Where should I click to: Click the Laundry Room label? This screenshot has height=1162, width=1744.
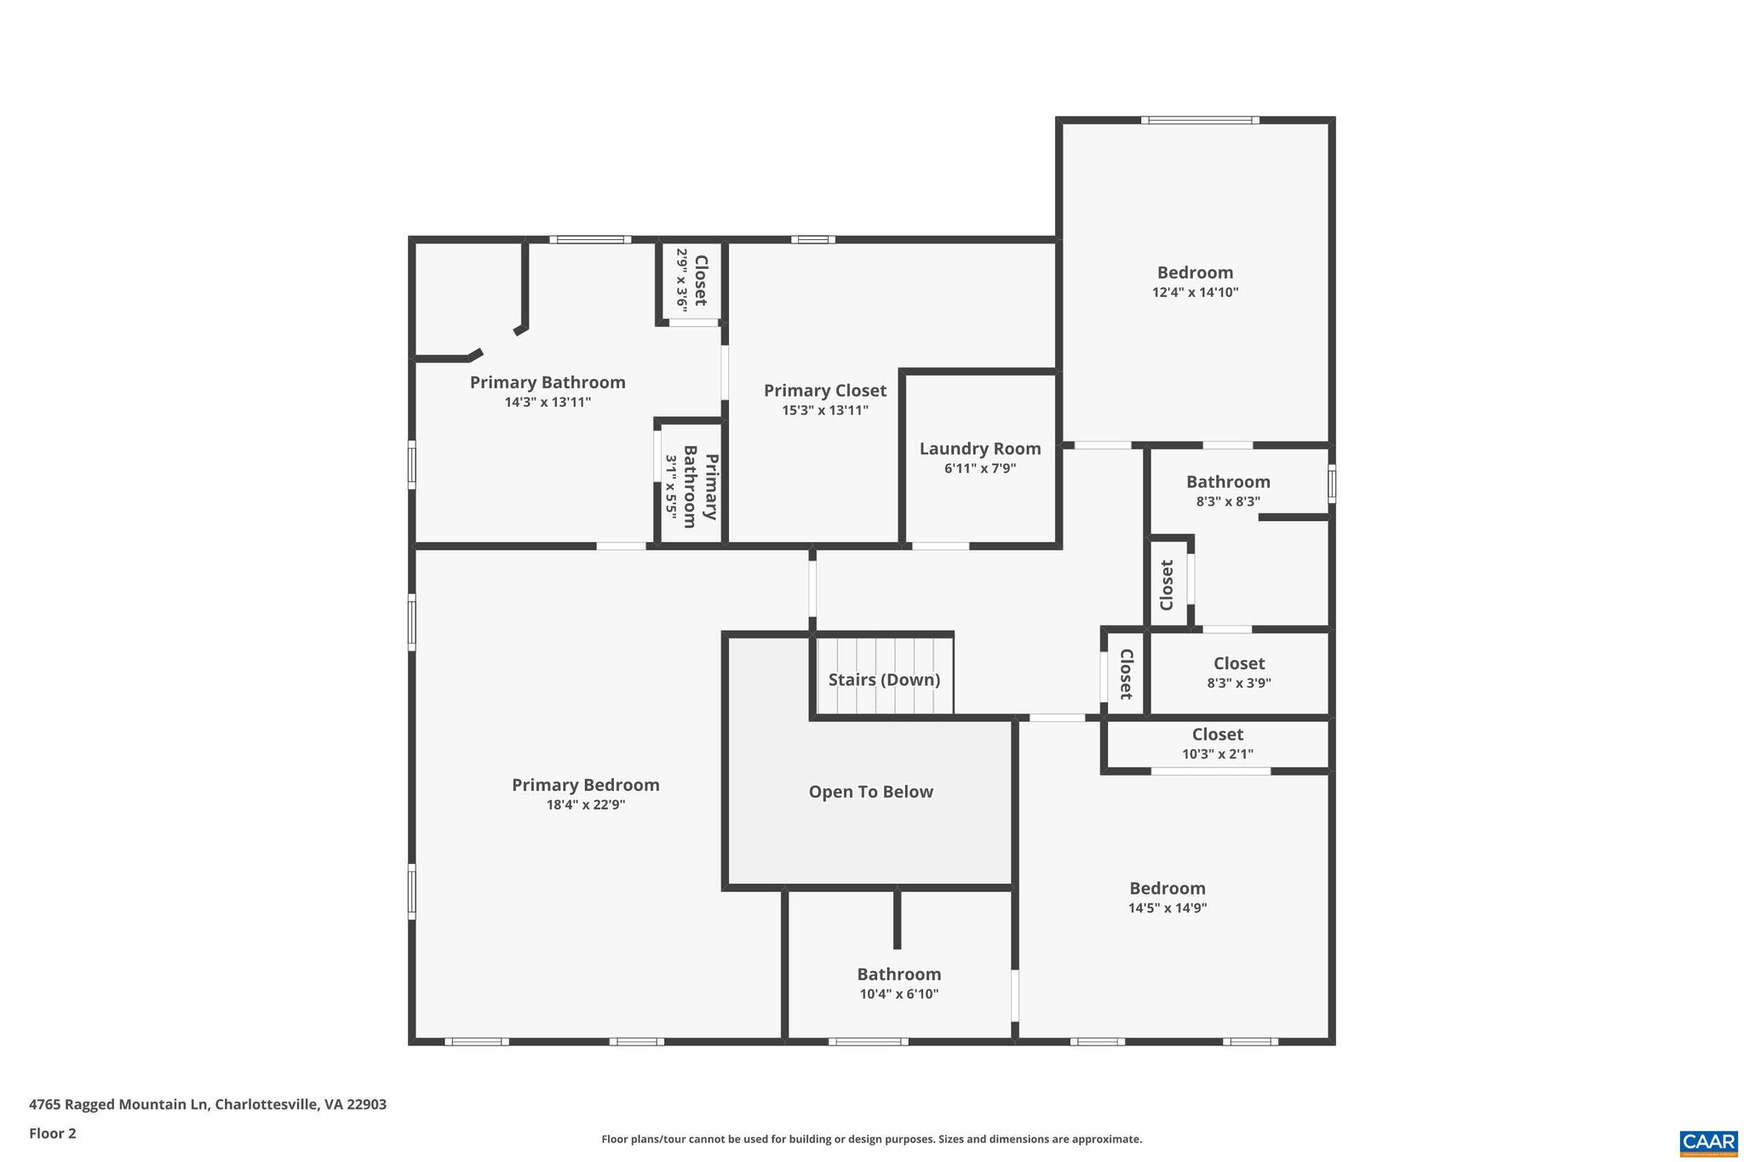coord(979,449)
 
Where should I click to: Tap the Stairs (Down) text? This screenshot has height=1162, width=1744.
coord(884,679)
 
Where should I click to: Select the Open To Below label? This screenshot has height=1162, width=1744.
coord(870,792)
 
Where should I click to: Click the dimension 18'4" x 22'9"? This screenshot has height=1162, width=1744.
coord(585,804)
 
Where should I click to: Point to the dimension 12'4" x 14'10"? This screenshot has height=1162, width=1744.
coord(1195,292)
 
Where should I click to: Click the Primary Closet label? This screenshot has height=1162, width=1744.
coord(824,391)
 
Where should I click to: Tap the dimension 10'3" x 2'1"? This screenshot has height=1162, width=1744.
coord(1217,754)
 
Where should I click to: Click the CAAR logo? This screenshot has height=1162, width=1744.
coord(1708,1142)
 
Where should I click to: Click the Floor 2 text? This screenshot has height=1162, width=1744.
coord(53,1133)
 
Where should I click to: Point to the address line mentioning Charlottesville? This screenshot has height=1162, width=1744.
coord(208,1104)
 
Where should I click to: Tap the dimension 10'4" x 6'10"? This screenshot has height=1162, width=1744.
coord(898,993)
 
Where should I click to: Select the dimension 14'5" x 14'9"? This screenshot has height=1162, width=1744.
coord(1167,907)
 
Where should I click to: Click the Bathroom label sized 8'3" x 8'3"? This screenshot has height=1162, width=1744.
coord(1228,482)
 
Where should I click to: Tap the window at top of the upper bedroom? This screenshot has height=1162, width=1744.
coord(1200,120)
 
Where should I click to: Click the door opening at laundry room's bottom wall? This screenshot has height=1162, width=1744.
coord(940,546)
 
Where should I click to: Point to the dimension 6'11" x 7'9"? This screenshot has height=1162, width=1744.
coord(979,468)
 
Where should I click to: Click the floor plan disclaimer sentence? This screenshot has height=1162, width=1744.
coord(871,1139)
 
